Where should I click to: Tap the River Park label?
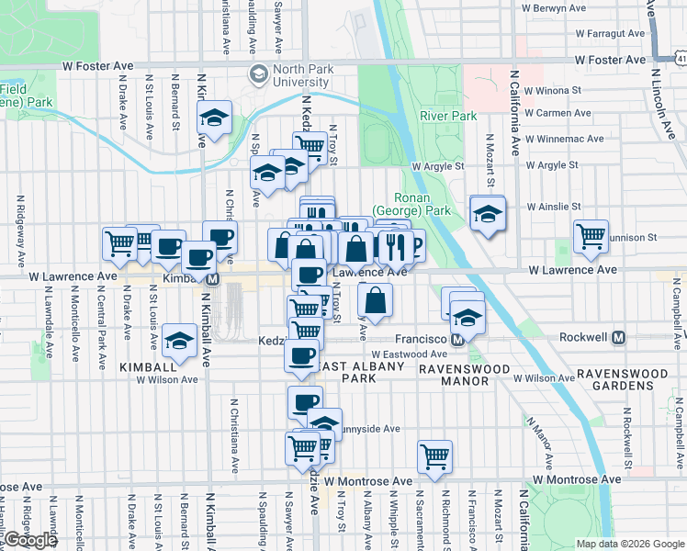click(448, 117)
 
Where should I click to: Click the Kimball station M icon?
click(212, 278)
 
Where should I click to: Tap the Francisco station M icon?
click(457, 340)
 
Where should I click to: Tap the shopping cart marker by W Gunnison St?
click(591, 235)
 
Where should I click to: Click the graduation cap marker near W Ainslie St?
click(487, 213)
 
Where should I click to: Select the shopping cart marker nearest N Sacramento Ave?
click(434, 455)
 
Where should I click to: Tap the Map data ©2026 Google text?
click(629, 544)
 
